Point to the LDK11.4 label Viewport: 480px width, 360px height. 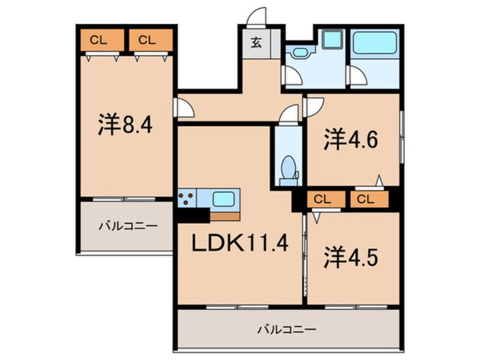[240, 245]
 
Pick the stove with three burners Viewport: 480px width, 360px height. [187, 199]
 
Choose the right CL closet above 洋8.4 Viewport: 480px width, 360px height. [146, 40]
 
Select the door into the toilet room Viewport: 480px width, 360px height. [289, 115]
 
